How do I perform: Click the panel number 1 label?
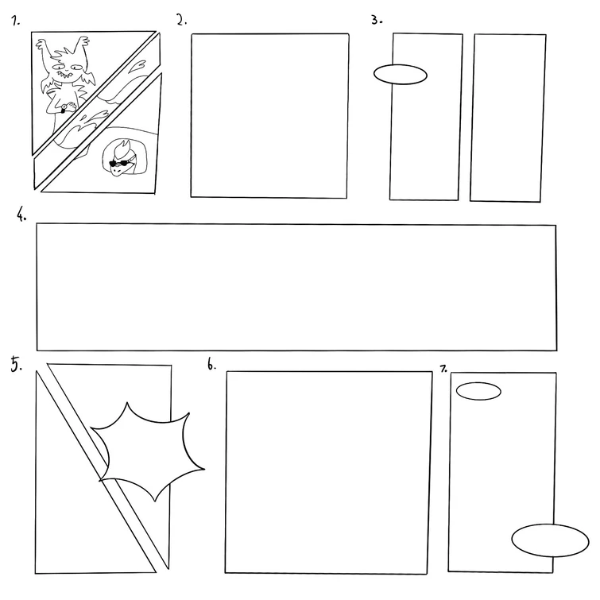[x=15, y=21]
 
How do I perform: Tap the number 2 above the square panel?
[x=182, y=21]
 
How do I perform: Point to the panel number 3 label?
[x=377, y=20]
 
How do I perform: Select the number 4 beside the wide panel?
[x=22, y=215]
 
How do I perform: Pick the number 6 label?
[x=211, y=365]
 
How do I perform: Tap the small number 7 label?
[x=443, y=368]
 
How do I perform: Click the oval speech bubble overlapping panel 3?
[x=401, y=74]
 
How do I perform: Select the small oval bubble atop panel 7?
[x=478, y=391]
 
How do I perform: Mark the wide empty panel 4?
[x=296, y=287]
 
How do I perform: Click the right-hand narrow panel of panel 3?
[x=508, y=117]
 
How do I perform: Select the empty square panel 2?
[x=269, y=115]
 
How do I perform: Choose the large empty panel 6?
[x=328, y=471]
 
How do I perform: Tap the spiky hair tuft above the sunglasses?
[x=123, y=148]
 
